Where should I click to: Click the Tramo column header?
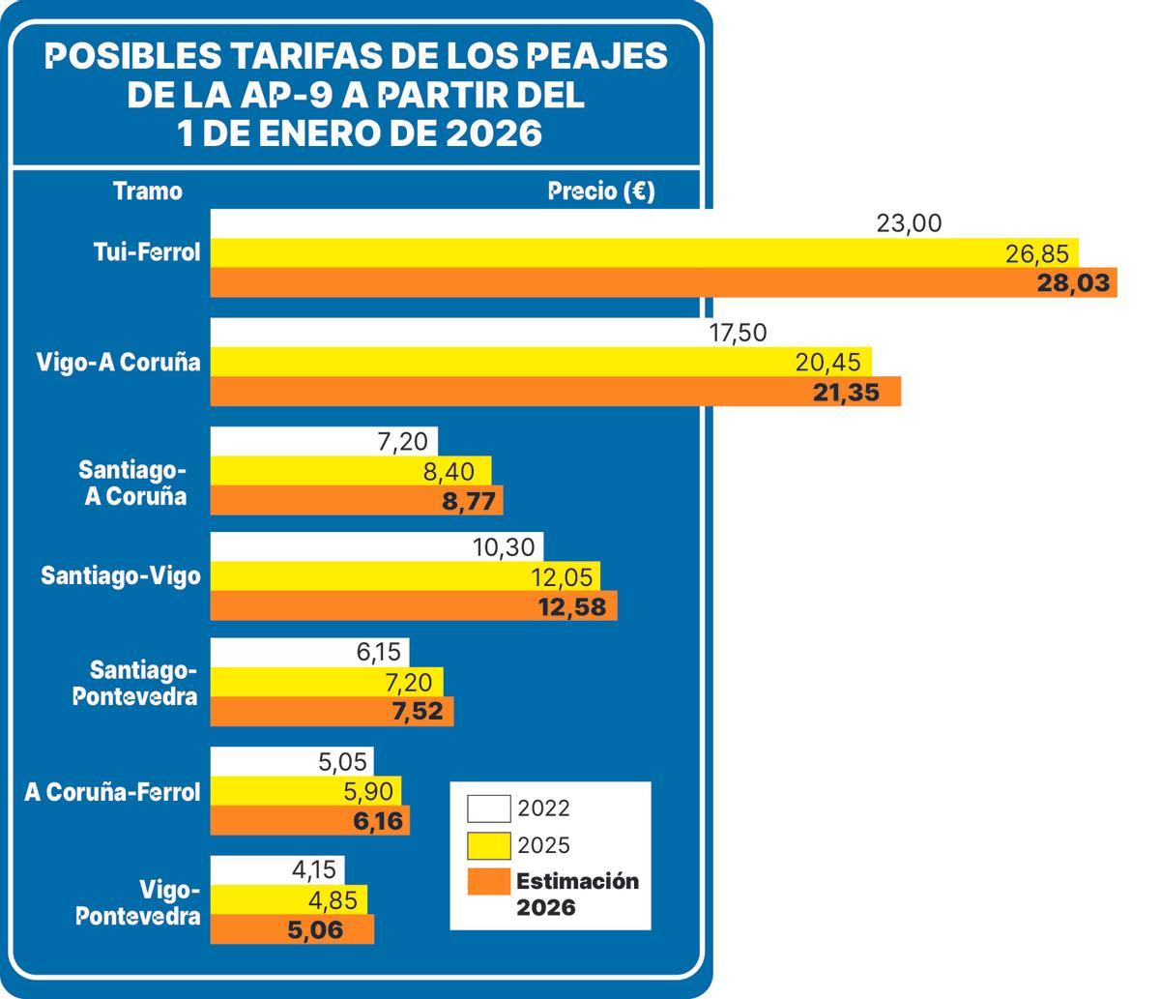pos(147,191)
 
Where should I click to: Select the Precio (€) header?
pos(600,191)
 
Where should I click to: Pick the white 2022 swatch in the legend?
pos(488,808)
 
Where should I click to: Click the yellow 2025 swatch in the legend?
pos(488,845)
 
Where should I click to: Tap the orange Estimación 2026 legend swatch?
pos(488,882)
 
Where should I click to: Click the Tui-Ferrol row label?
pos(147,252)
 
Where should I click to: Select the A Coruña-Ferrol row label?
pos(112,792)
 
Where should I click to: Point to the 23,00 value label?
pos(909,223)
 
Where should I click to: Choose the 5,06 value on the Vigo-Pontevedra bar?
pos(315,930)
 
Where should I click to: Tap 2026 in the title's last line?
pos(493,132)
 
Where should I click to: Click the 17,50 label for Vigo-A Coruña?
pos(738,333)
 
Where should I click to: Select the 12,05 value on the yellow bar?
pos(562,577)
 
